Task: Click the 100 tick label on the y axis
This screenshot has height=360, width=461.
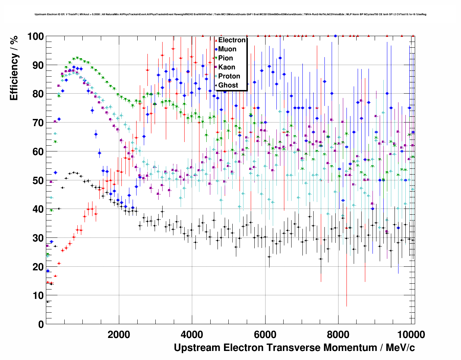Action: pyautogui.click(x=35, y=37)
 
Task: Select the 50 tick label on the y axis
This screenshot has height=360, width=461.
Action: pyautogui.click(x=38, y=180)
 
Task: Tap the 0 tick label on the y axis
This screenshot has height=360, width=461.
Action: pyautogui.click(x=41, y=324)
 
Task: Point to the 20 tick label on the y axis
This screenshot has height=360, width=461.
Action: pyautogui.click(x=38, y=267)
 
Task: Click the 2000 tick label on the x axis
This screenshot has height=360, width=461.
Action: pyautogui.click(x=119, y=334)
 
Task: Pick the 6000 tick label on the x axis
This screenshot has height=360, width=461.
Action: pyautogui.click(x=265, y=334)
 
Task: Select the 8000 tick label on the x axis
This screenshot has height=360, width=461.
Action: pyautogui.click(x=338, y=334)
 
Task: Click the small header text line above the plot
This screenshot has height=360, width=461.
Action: pyautogui.click(x=231, y=14)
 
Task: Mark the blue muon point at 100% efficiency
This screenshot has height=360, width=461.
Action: pyautogui.click(x=335, y=36)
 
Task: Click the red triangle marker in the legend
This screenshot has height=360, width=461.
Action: pyautogui.click(x=216, y=40)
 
